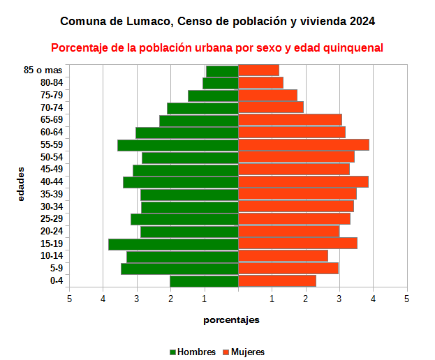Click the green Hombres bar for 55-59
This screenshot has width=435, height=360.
coord(178,145)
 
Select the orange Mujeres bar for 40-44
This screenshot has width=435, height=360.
coord(303,182)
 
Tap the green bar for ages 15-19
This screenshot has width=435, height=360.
coord(173,243)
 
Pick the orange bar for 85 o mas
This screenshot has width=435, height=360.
coord(258,70)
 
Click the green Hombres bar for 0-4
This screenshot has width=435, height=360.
coord(204,281)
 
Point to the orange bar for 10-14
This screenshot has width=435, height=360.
coord(283,256)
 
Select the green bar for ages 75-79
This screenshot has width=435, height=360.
coord(213,96)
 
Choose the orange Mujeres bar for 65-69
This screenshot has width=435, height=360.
coord(290,120)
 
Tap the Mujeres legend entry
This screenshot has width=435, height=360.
coord(247,352)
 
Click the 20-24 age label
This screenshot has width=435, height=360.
coord(52,232)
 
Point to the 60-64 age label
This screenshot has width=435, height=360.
coord(52,133)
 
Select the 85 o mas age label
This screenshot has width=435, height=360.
coord(43,70)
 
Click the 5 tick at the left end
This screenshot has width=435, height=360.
coord(69,299)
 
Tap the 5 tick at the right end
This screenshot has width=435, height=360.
coord(406,299)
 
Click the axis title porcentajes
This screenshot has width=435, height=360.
coord(231,320)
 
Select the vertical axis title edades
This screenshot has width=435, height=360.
coord(21,183)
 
